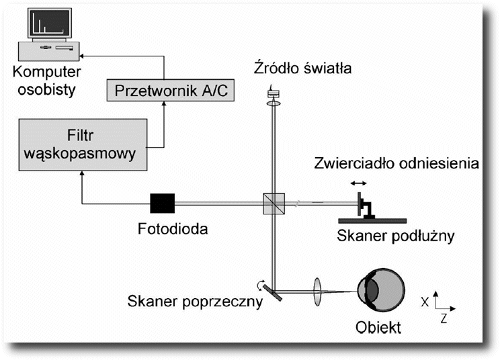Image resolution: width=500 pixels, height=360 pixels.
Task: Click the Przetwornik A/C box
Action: coord(170,90)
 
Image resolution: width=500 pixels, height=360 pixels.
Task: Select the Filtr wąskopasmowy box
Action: coord(83,144)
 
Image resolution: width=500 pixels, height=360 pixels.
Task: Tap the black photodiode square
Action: coord(163,203)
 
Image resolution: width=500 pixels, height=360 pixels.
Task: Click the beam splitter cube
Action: coord(274,204)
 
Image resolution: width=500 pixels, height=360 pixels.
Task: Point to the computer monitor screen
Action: coord(50,23)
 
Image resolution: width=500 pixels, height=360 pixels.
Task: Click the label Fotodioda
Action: coord(173,229)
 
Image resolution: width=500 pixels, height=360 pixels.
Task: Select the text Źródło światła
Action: coord(302,68)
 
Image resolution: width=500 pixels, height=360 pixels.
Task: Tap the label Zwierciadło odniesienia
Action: coord(397,163)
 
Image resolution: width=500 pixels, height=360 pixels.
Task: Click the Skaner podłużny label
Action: coord(396,236)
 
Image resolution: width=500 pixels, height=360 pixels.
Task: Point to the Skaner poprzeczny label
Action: coord(195,301)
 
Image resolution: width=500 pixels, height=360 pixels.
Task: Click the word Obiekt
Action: coord(378,327)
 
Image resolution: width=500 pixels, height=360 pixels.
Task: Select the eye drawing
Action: coord(381,291)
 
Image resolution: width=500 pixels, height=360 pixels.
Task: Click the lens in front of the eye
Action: coord(317,291)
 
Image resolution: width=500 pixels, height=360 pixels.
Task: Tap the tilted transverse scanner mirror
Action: coord(273,292)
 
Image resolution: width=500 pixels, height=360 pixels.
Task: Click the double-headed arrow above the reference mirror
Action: coord(358,183)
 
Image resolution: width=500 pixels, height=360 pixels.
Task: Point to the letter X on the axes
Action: coord(425,302)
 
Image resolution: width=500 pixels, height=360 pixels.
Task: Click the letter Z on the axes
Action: coord(444,318)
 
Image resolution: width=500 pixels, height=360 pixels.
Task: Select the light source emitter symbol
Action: coord(274,93)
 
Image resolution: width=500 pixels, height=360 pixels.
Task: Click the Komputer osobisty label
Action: coord(46,81)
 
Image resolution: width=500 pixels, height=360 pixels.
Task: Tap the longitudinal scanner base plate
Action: coord(372,221)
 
